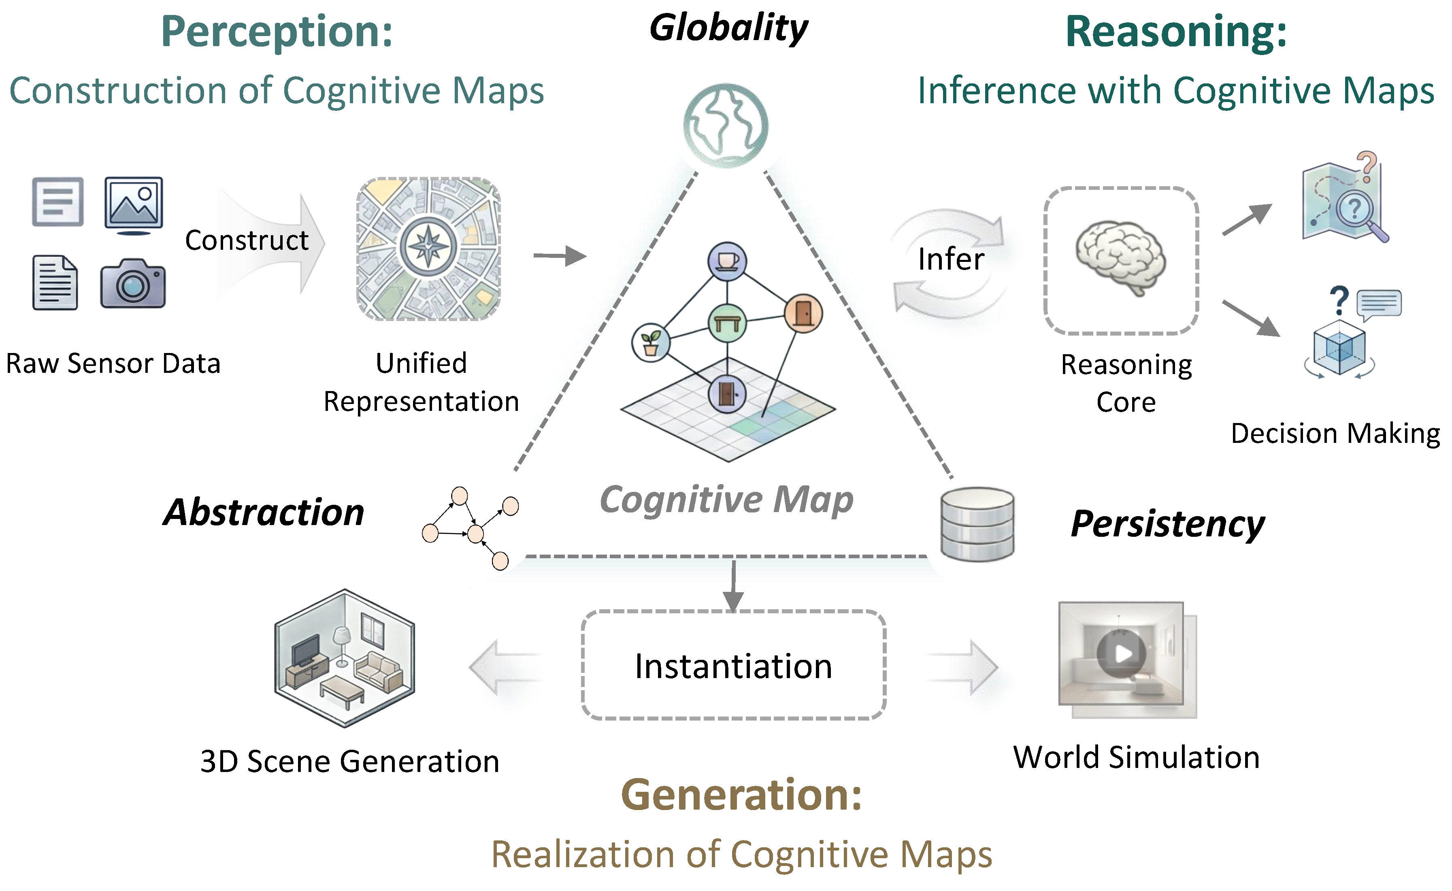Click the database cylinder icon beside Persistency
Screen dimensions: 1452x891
pos(977,524)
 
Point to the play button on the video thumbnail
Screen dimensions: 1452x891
pos(1122,653)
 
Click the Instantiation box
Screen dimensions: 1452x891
pos(734,665)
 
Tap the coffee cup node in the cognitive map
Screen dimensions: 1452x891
pos(728,262)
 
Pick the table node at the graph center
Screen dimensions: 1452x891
pos(727,323)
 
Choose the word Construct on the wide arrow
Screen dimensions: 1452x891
pos(247,240)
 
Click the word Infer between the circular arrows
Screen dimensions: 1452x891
pos(951,259)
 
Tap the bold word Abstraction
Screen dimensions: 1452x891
pos(264,512)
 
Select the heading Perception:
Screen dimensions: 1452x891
pos(277,32)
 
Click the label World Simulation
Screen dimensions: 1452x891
pos(1137,757)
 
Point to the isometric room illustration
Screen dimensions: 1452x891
pos(345,658)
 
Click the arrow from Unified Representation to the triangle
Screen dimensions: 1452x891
pos(560,256)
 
